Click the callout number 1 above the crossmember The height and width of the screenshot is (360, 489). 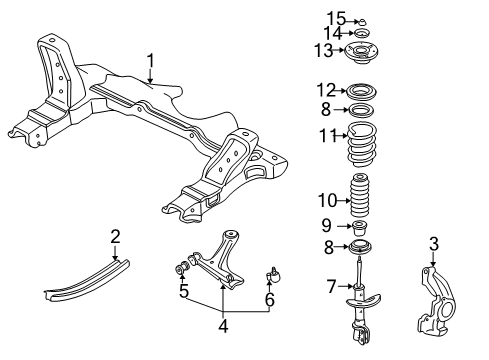(x=150, y=64)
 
